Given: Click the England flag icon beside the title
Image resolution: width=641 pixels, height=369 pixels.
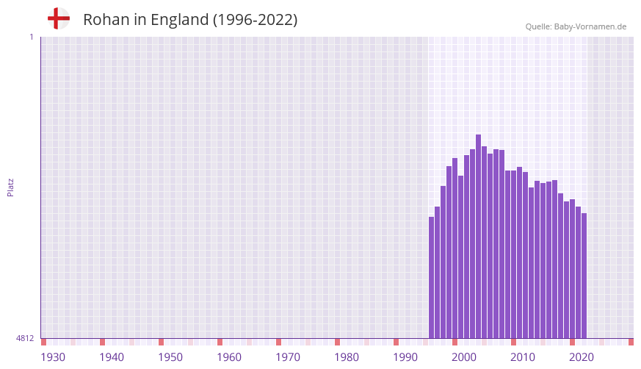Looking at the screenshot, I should coord(59,18).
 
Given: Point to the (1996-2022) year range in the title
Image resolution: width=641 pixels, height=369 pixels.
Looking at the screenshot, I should coord(255,20).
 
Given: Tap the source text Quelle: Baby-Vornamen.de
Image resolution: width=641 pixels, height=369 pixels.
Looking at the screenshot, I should coord(576,26).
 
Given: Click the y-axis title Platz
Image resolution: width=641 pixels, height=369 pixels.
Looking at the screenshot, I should coord(10,187).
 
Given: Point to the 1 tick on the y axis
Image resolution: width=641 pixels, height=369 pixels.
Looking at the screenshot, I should coord(31,37).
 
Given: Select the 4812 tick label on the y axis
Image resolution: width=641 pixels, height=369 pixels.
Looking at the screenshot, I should coord(25,339).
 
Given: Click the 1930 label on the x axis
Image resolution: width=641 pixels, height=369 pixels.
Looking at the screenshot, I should coord(53,357).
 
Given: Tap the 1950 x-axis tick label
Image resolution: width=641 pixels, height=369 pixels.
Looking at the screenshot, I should coord(170,357).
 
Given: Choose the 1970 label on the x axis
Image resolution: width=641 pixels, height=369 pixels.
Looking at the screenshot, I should coord(288,357).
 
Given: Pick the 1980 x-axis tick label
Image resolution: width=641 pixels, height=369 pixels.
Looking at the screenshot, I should coord(347,357).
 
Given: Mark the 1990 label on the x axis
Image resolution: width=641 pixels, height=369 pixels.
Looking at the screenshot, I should coord(405,357).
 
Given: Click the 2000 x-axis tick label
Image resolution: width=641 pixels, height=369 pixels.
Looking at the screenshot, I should coord(464,357).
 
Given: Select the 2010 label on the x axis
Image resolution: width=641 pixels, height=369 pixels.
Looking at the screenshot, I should coord(523,357).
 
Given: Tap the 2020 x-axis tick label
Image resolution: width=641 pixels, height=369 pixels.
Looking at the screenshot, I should coord(582,357).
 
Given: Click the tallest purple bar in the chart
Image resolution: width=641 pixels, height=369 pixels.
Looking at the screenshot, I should coord(478,235).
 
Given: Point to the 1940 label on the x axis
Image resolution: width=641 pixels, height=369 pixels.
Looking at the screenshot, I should coord(112,357).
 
